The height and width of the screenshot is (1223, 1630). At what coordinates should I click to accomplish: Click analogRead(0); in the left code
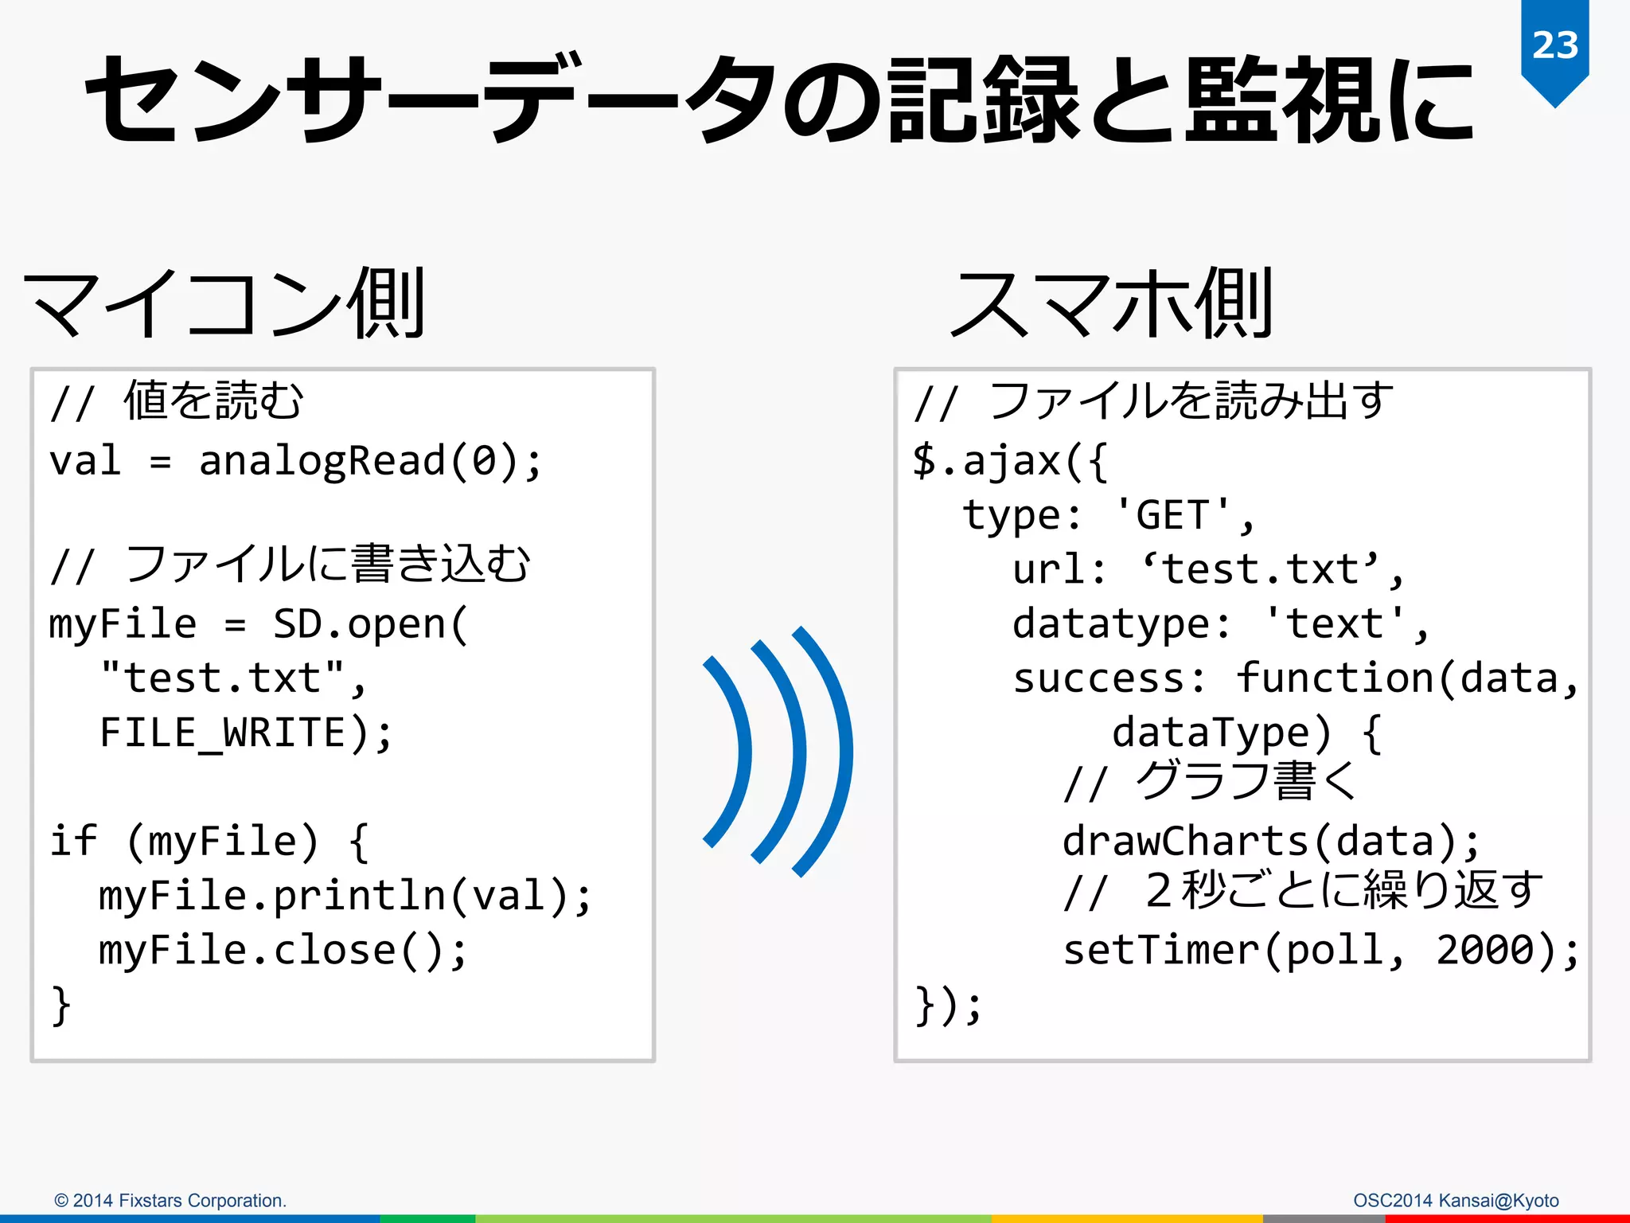tap(370, 462)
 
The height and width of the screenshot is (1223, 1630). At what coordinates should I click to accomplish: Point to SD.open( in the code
tap(371, 624)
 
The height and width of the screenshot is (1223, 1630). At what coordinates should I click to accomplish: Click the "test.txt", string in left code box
tap(232, 678)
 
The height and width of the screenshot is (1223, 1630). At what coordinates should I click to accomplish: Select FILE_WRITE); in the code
tap(246, 733)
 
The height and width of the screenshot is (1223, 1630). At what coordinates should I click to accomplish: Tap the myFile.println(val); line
tap(345, 896)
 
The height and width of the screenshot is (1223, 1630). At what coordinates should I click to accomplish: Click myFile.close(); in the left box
tap(283, 950)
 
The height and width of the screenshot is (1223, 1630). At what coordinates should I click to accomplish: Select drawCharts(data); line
tap(1271, 842)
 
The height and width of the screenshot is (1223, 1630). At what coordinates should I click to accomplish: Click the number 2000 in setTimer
tap(1485, 950)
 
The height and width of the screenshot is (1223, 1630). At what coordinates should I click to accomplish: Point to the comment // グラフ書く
tap(1210, 782)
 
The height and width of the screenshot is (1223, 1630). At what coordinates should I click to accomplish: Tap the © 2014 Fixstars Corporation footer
tap(170, 1201)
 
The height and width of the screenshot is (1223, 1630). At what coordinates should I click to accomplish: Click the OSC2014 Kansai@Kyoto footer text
tap(1456, 1201)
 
